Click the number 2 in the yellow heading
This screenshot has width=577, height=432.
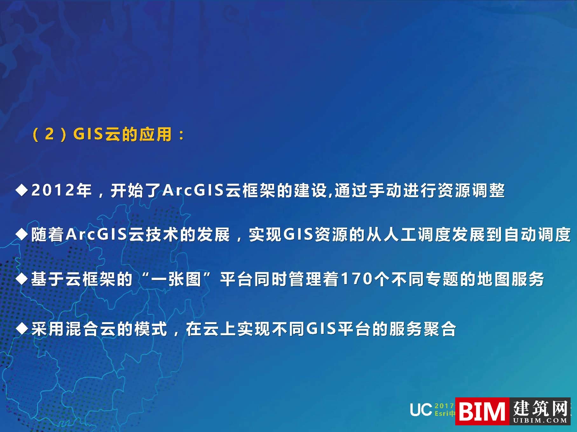pyautogui.click(x=49, y=134)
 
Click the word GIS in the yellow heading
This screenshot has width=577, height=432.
pyautogui.click(x=88, y=134)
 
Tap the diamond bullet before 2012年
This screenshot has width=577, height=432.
pyautogui.click(x=22, y=190)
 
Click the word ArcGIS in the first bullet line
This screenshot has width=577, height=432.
pyautogui.click(x=193, y=190)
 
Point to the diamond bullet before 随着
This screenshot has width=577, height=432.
pyautogui.click(x=22, y=235)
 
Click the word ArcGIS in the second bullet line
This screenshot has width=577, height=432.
pyautogui.click(x=97, y=235)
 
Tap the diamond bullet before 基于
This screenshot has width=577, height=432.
pyautogui.click(x=22, y=279)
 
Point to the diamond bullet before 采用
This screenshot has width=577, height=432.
pyautogui.click(x=22, y=329)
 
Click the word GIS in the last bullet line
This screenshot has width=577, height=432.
pyautogui.click(x=321, y=329)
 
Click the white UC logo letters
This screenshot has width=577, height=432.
pyautogui.click(x=421, y=410)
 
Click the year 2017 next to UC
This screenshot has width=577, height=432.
pyautogui.click(x=444, y=406)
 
